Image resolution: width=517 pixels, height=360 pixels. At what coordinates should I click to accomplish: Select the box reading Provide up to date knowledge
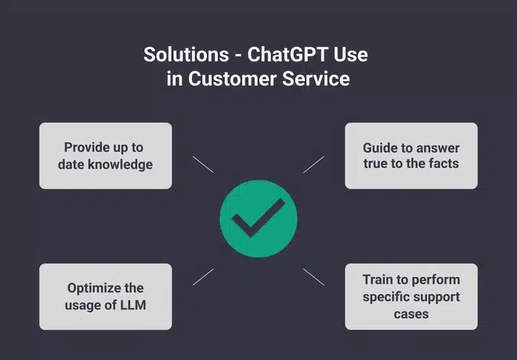tap(105, 156)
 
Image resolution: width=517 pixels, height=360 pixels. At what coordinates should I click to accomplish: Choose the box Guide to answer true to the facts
tap(411, 156)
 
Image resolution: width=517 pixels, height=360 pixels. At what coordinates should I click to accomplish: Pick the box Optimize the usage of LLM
tap(105, 297)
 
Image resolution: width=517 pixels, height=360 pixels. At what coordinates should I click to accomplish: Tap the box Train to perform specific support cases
tap(411, 297)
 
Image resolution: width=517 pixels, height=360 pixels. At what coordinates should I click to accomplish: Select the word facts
tap(443, 164)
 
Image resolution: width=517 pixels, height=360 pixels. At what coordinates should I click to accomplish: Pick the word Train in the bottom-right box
tap(378, 279)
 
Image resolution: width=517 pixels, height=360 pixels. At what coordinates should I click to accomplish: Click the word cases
tap(410, 314)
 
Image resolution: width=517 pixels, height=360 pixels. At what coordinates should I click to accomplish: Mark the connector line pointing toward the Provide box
tap(203, 164)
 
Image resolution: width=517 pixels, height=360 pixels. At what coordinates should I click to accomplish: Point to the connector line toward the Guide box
tap(314, 164)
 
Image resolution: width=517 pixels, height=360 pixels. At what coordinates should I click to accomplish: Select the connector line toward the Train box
tap(314, 277)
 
